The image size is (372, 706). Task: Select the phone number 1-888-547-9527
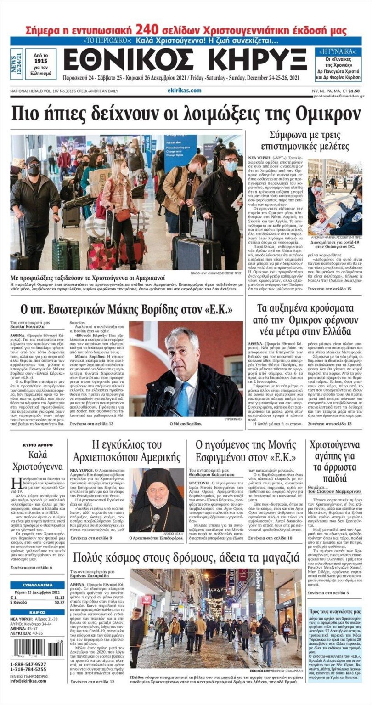pyautogui.click(x=28, y=664)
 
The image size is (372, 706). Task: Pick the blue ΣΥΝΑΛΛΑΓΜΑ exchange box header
pyautogui.click(x=38, y=585)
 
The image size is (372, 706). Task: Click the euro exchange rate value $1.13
pyautogui.click(x=59, y=597)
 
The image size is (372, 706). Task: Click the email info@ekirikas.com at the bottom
pyautogui.click(x=28, y=681)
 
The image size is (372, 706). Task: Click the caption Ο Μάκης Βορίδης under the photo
pyautogui.click(x=186, y=422)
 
